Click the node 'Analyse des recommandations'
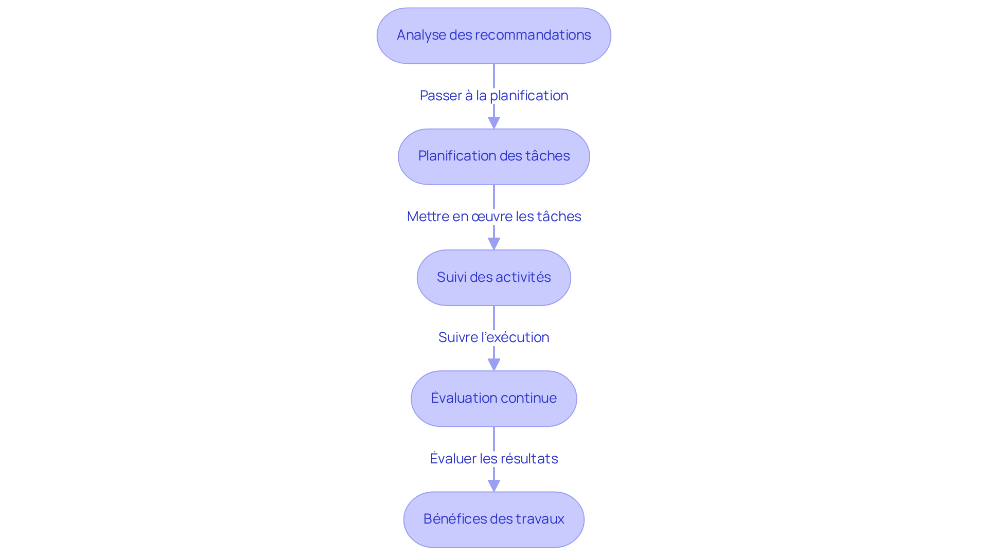(493, 35)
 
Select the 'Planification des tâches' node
(493, 156)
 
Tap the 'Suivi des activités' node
(493, 278)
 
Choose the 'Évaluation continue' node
(493, 399)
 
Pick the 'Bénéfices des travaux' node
(493, 519)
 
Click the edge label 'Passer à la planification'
(493, 96)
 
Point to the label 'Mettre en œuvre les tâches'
(493, 217)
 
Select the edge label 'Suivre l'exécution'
(493, 337)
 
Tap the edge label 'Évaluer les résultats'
(493, 458)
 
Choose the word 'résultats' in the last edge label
(529, 459)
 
